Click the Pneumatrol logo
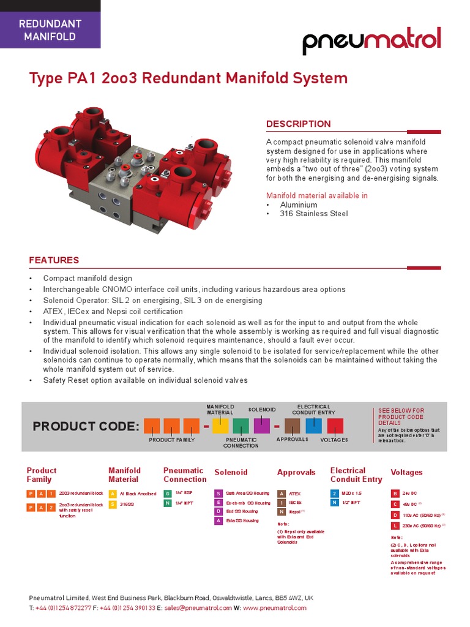point(371,42)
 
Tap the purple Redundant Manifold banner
point(50,30)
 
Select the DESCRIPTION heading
point(298,124)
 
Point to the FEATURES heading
point(54,260)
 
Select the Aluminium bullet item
point(299,205)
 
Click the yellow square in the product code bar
point(220,426)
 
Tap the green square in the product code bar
point(241,426)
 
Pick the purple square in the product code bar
point(262,426)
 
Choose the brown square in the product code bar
point(293,426)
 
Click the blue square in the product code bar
point(313,426)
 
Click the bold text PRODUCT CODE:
point(86,426)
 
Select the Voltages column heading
point(407,473)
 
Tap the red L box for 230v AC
point(395,526)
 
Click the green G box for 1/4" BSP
point(167,493)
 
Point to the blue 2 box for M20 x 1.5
point(334,493)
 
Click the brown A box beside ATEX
point(281,493)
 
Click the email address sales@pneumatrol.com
point(197,608)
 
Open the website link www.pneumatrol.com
point(275,608)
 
